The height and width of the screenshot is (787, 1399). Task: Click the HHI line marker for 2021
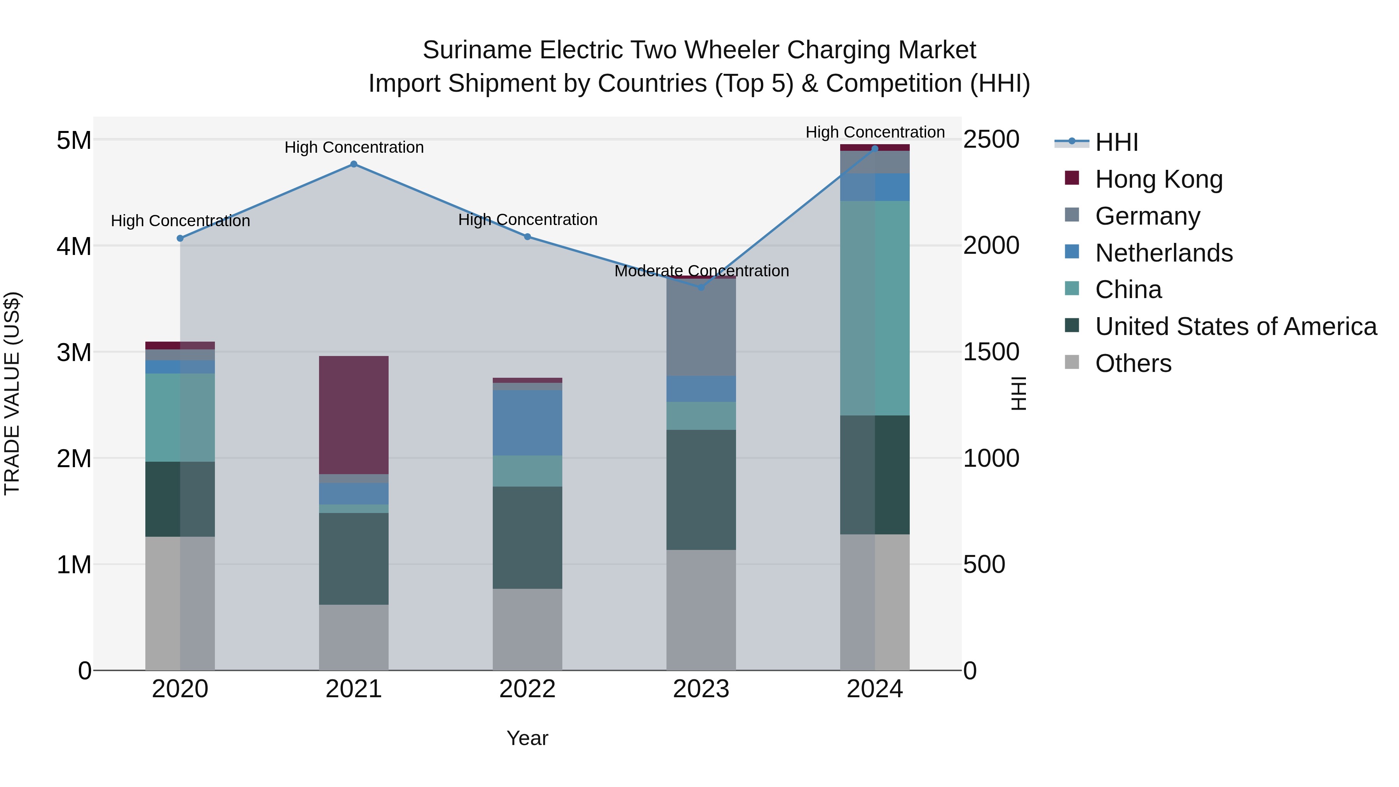tap(354, 164)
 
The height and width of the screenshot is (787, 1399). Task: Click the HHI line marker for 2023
tap(701, 287)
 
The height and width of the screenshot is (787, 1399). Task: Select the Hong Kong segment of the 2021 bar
tap(354, 415)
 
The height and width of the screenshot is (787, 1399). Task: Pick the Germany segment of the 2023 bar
tap(701, 328)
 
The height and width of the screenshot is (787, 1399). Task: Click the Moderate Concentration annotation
tap(701, 270)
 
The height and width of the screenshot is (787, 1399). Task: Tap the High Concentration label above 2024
tap(875, 132)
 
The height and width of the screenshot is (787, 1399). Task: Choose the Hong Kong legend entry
tap(1158, 179)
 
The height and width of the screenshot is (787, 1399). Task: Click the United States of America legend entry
tap(1235, 326)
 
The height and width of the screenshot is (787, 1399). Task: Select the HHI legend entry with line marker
tap(1116, 142)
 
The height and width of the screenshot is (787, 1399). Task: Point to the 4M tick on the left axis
tap(74, 246)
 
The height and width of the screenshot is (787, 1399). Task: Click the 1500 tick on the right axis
tap(991, 352)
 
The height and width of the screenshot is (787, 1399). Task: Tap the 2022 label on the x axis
tap(527, 689)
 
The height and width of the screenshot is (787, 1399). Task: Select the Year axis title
tap(527, 738)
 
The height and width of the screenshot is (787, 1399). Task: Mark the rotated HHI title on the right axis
tap(1019, 393)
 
